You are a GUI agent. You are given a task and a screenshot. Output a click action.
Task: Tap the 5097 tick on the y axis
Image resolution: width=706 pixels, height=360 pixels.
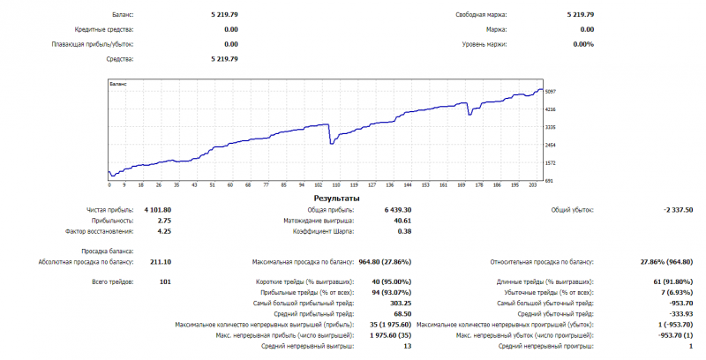tap(551, 92)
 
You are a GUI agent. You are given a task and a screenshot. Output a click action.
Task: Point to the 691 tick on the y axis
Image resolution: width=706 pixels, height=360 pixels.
tap(549, 180)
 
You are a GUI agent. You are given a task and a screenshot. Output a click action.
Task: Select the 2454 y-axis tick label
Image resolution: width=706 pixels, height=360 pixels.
tap(551, 145)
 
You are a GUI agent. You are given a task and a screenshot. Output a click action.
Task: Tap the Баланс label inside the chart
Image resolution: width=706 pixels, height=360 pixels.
tap(117, 84)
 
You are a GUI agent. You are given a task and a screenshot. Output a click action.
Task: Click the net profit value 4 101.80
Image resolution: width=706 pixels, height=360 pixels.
tap(157, 210)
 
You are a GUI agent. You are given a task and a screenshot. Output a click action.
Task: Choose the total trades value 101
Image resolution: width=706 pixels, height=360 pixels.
tap(164, 281)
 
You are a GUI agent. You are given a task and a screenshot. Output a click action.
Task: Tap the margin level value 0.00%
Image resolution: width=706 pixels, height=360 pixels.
tap(582, 44)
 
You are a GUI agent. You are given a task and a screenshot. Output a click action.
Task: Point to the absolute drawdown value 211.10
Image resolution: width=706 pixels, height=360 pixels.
tap(161, 261)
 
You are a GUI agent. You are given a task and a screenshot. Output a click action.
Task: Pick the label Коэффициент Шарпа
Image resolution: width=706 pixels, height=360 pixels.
tap(324, 231)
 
